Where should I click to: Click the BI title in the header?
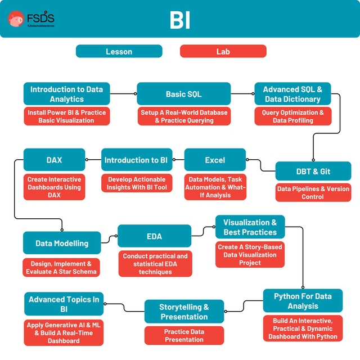click(x=179, y=20)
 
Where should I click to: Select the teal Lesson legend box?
click(x=119, y=52)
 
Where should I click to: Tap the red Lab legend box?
click(x=223, y=52)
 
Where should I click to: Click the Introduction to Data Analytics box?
click(x=67, y=94)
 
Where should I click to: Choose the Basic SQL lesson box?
click(x=183, y=94)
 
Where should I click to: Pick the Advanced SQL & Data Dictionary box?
click(x=292, y=94)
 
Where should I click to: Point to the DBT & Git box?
click(x=313, y=171)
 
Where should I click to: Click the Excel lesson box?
click(x=215, y=160)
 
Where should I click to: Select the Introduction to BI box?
click(x=136, y=160)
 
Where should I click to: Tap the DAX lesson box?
click(x=54, y=160)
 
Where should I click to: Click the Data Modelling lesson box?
click(x=62, y=243)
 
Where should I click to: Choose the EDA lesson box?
click(x=154, y=236)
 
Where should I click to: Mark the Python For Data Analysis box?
click(x=303, y=301)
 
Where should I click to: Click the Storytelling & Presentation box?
click(x=184, y=312)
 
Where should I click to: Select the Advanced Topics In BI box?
click(x=64, y=304)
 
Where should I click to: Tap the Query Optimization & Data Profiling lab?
click(x=292, y=116)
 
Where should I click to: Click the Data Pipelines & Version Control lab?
click(x=313, y=193)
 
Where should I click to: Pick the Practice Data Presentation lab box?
click(x=184, y=336)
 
